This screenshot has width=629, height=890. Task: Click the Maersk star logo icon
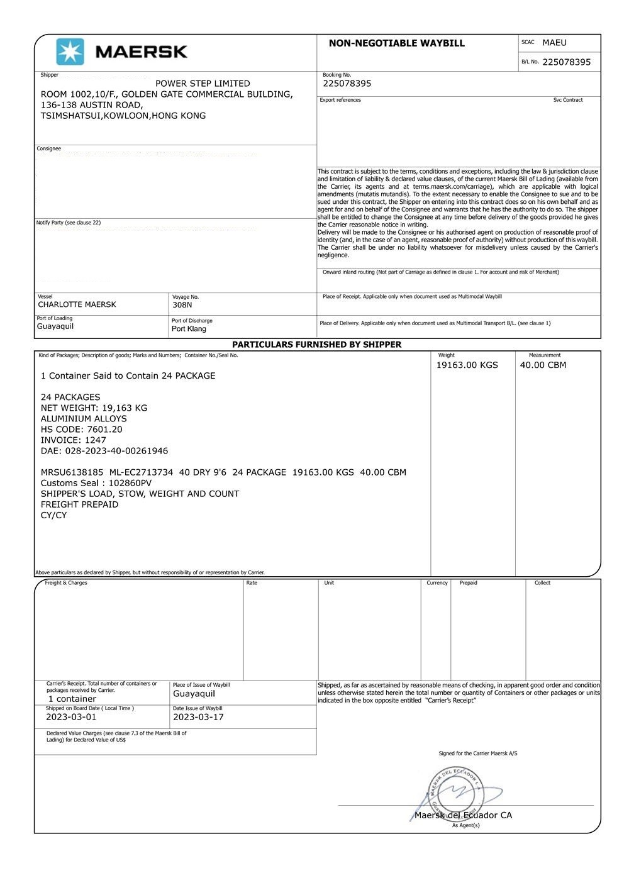[70, 52]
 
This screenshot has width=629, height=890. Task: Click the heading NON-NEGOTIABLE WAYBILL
[396, 43]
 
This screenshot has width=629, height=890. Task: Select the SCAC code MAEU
[554, 43]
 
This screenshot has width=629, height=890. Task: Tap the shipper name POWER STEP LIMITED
[203, 84]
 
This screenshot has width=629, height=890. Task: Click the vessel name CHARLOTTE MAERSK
[77, 304]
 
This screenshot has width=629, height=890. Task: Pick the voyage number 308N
[182, 305]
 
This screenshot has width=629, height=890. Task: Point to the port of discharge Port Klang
[189, 329]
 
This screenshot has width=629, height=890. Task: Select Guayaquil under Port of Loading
[55, 326]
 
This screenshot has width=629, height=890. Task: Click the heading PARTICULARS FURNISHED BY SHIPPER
[316, 345]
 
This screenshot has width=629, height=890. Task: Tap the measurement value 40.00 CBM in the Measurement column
[543, 365]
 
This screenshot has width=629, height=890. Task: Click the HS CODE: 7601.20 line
[82, 430]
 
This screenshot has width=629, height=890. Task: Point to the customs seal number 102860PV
[130, 483]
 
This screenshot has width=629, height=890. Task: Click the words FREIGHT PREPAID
[79, 504]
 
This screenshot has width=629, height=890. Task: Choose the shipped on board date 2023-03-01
[71, 717]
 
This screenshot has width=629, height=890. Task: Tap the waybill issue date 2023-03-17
[198, 717]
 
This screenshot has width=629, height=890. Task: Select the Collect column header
[542, 583]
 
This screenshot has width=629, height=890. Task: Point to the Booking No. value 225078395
[347, 84]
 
